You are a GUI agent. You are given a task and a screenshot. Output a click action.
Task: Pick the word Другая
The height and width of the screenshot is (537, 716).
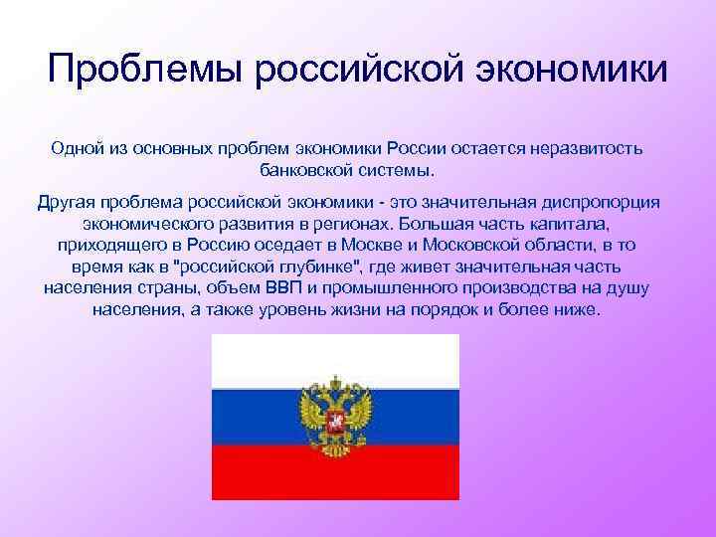click(x=68, y=203)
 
